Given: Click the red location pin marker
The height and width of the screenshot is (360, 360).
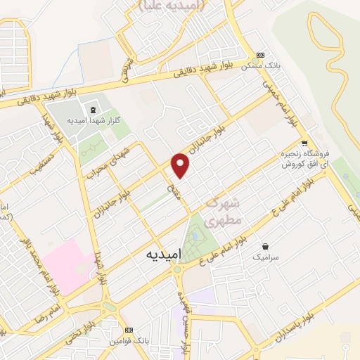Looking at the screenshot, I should click(x=181, y=165).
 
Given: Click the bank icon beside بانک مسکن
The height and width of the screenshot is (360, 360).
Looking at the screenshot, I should click(x=260, y=56).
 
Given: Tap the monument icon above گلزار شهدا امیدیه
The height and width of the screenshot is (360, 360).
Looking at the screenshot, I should click(x=93, y=109).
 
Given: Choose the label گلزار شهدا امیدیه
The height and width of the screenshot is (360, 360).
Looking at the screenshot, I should click(x=86, y=120).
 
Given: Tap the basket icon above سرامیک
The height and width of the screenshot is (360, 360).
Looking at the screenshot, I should click(x=267, y=247).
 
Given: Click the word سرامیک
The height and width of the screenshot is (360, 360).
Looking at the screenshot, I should click(x=267, y=258).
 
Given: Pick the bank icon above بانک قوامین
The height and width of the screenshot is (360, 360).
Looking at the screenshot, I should click(x=129, y=330).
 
